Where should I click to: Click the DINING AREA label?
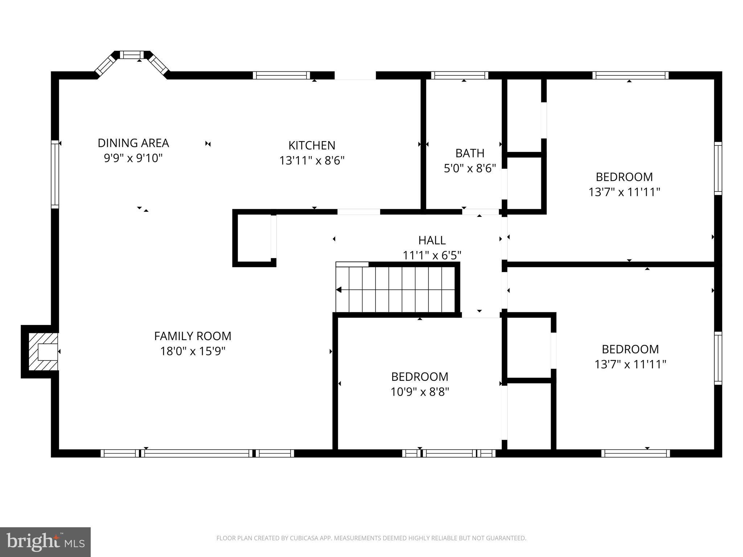(133, 143)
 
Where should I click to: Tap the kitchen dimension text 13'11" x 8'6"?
(312, 160)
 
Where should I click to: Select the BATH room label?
(470, 153)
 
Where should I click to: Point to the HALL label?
(432, 240)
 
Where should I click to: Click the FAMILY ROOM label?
(193, 336)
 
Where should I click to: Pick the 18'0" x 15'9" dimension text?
(193, 351)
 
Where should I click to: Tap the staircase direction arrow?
(339, 290)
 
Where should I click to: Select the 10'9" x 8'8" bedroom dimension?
(420, 392)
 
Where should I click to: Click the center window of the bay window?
(132, 55)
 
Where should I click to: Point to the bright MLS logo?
(45, 542)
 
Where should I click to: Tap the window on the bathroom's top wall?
(459, 75)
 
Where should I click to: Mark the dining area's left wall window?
(55, 174)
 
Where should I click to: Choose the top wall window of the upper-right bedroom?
(631, 75)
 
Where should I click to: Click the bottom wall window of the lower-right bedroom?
(635, 453)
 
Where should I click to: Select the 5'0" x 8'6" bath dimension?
(470, 169)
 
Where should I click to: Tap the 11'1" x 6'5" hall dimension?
(432, 256)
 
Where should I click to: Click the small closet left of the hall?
(254, 238)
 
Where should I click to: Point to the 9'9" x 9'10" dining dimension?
(133, 158)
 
